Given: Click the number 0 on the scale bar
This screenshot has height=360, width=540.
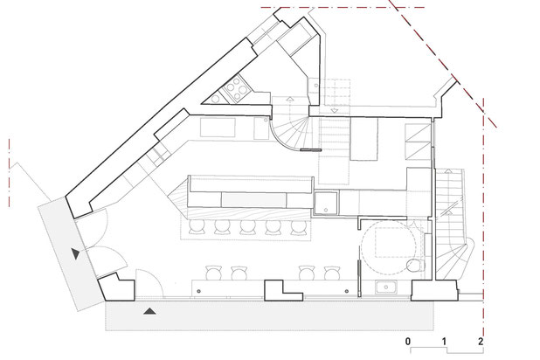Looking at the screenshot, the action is coord(408,342).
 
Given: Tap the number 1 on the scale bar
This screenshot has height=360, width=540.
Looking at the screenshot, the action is coord(444,342).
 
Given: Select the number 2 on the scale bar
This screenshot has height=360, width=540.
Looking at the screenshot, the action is coord(481,342).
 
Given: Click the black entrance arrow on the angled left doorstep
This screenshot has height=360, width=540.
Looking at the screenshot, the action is coord(76,253).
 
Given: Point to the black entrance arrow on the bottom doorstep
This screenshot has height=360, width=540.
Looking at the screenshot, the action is coord(149,311).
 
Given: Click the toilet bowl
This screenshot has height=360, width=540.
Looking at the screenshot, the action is coord(415,266).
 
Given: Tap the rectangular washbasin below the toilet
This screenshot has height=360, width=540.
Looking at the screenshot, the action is coord(386,287).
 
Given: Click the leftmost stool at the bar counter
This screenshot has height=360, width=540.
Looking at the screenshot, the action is coord(197,226).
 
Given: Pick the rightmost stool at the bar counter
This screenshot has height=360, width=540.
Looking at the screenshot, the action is coord(298,226).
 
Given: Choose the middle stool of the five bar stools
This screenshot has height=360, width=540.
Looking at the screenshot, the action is coord(247,226).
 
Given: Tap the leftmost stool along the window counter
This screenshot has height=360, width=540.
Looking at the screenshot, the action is coord(213,273).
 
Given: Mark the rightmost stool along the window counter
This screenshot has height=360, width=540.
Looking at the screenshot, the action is coord(332,273).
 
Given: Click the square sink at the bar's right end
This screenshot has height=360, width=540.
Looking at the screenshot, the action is coord(325,203).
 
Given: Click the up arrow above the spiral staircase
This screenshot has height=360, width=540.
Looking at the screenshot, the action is coord(290,100).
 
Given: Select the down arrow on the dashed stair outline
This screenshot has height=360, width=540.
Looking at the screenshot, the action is coord(335,110).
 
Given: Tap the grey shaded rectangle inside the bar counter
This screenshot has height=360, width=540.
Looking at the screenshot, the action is coord(253,200).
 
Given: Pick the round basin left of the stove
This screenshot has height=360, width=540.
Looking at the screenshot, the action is coord(216,99).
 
